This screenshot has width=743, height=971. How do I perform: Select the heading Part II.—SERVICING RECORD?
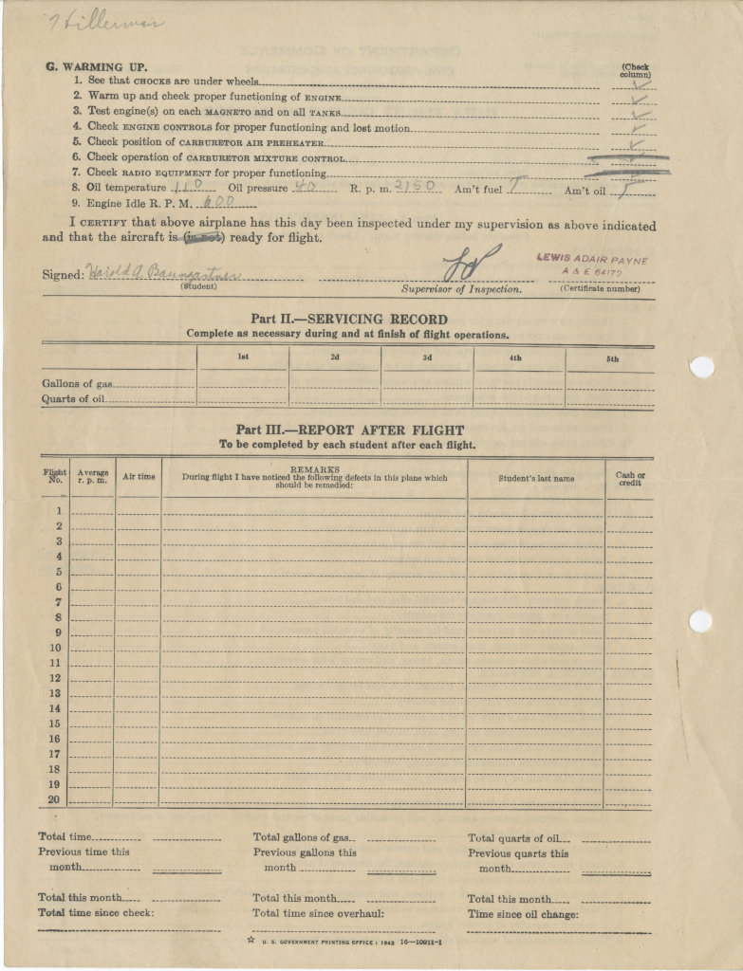[x=348, y=320]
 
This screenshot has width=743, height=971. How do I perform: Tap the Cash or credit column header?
[x=630, y=479]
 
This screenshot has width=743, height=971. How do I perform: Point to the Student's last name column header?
[x=536, y=479]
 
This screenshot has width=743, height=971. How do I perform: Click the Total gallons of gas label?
[x=303, y=837]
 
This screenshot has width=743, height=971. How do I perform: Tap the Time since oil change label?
[x=523, y=914]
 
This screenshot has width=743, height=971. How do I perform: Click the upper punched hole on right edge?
[x=700, y=366]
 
